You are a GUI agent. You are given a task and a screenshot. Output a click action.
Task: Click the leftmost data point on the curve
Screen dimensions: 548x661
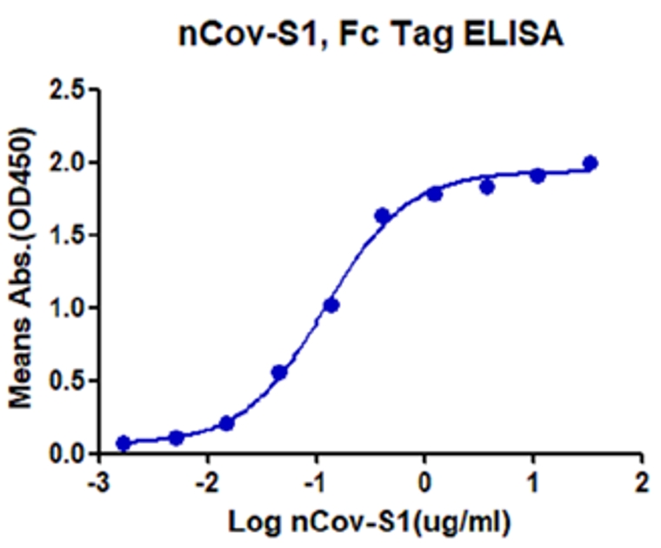point(124,443)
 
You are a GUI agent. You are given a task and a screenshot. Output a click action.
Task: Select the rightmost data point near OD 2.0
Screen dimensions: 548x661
point(591,163)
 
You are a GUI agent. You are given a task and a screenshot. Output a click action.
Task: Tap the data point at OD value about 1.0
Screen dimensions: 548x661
point(330,305)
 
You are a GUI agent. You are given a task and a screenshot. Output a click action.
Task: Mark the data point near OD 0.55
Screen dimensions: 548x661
point(279,372)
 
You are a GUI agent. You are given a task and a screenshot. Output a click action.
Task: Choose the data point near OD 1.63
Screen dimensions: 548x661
point(382,216)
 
